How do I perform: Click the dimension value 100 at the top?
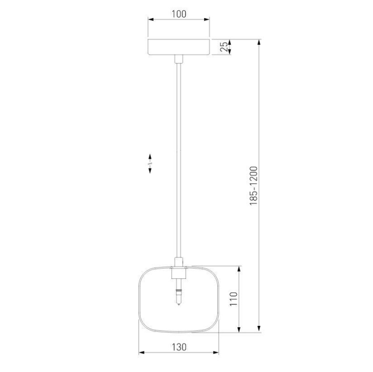[x=179, y=14]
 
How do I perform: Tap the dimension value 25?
[x=224, y=47]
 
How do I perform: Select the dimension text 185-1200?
[x=254, y=186]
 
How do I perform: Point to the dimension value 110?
[x=234, y=299]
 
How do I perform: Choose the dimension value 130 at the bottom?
[x=179, y=347]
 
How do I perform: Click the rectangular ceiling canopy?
[x=179, y=47]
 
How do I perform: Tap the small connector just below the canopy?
[x=179, y=59]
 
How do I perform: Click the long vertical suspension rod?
[x=179, y=160]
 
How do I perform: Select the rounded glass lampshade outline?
[x=139, y=299]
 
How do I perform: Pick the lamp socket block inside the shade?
[x=179, y=273]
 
